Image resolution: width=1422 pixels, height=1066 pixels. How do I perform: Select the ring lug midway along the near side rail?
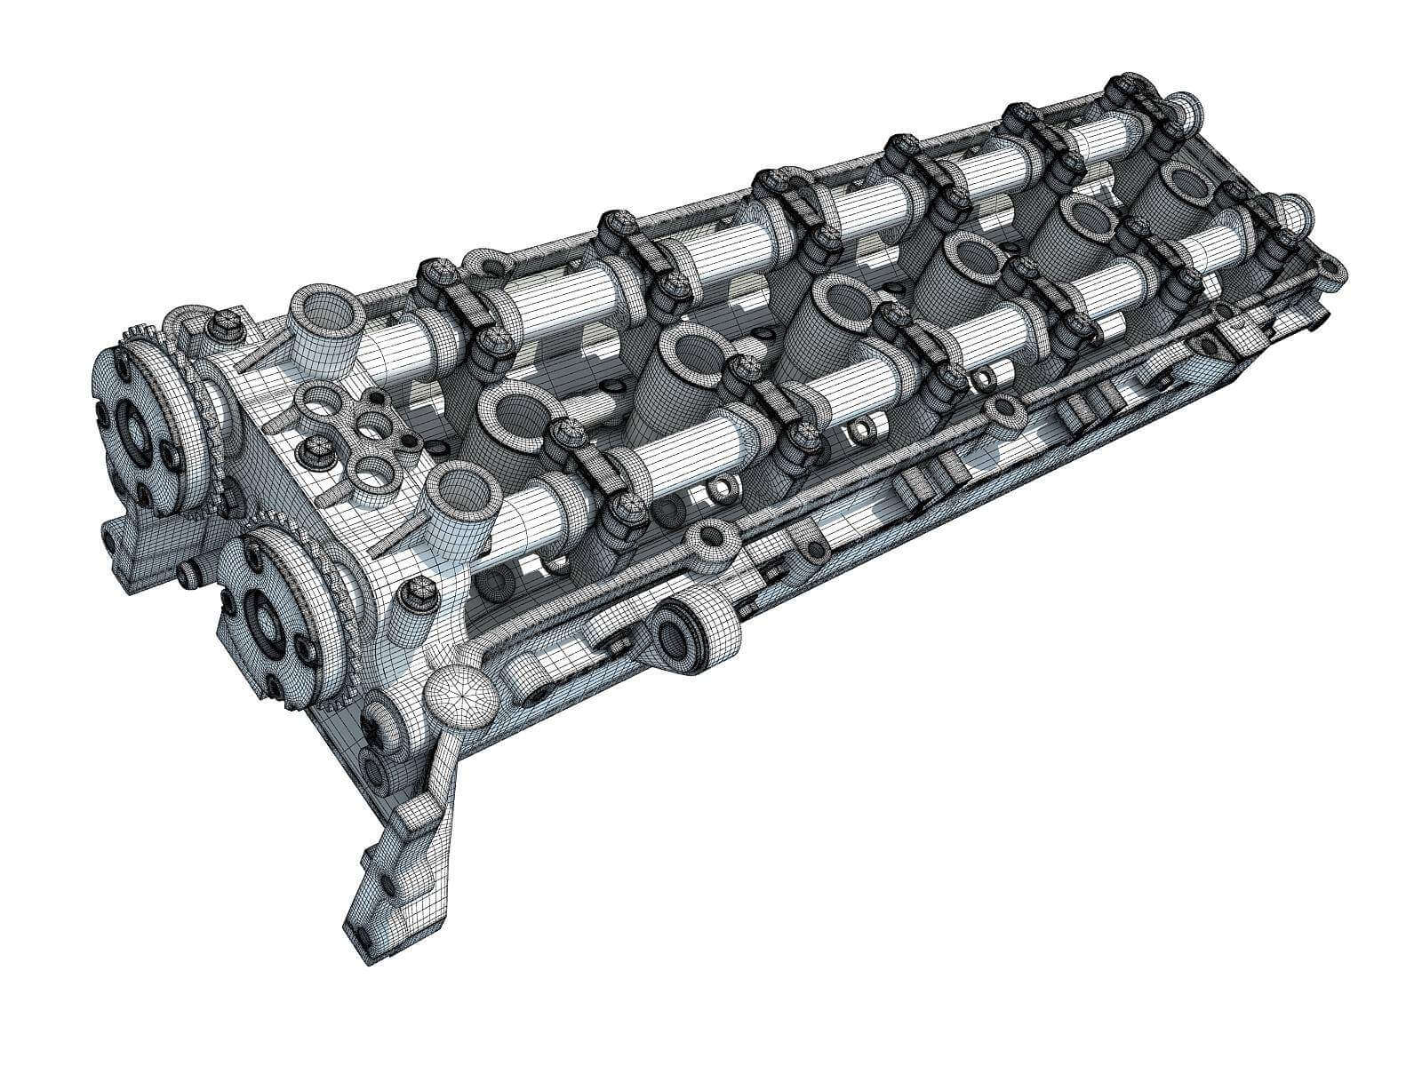(1005, 410)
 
